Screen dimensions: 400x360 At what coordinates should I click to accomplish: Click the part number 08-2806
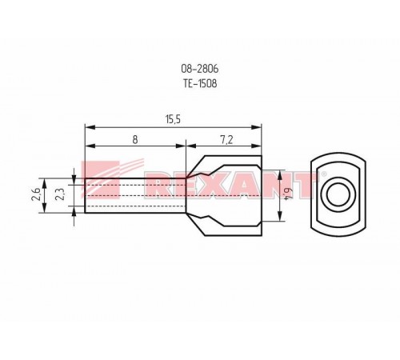(200, 69)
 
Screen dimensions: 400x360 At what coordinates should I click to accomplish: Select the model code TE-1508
(200, 83)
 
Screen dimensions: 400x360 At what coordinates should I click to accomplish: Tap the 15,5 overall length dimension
(173, 120)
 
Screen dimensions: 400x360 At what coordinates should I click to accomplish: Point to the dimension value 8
(135, 139)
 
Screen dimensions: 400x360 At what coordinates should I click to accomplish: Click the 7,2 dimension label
(226, 139)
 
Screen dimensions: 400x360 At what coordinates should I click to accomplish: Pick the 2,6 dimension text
(36, 194)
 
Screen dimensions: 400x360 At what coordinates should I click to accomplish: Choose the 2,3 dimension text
(59, 194)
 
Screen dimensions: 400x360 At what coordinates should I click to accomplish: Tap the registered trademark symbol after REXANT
(324, 174)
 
